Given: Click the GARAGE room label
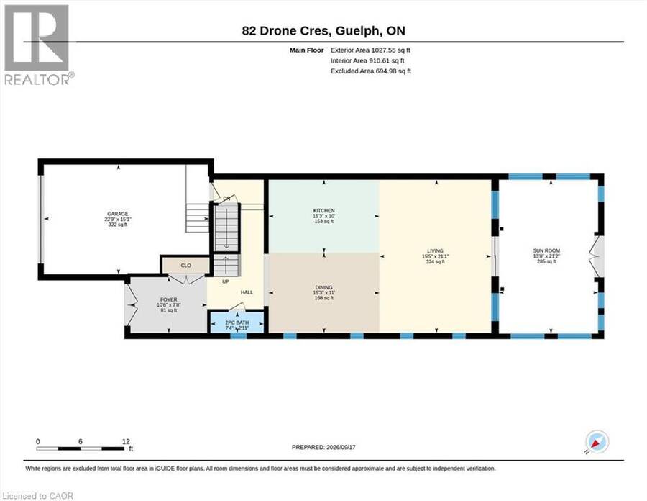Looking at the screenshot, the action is (x=118, y=214).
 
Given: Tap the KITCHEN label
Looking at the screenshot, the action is (x=324, y=211).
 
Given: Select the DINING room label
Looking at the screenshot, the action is (x=324, y=287).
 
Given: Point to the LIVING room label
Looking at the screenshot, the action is (x=436, y=250).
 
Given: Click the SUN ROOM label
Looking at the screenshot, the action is (x=546, y=250).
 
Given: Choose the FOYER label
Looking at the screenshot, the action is (x=169, y=299).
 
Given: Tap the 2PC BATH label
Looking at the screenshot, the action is (x=237, y=322).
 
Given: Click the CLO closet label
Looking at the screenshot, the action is (x=185, y=266).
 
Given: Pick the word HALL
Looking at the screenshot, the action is (x=247, y=292).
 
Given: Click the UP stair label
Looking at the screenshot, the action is (x=226, y=281).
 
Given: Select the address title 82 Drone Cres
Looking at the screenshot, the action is (x=285, y=30).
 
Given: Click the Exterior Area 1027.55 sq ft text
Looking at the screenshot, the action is (x=370, y=50).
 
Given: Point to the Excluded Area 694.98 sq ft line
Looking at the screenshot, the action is (x=371, y=71).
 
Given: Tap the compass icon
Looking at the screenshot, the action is (x=597, y=442).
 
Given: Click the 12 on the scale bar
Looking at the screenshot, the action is (x=127, y=441).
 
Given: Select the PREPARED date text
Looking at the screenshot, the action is (x=323, y=447).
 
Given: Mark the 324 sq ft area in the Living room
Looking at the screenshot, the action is (x=436, y=262).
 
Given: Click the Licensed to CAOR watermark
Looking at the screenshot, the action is (x=37, y=496).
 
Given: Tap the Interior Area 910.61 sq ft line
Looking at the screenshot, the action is (x=367, y=60).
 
